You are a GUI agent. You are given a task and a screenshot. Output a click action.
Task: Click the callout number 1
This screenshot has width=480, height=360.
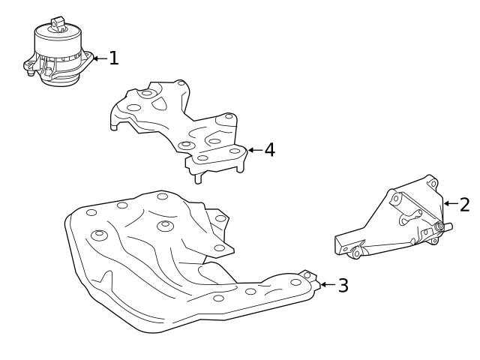click(114, 58)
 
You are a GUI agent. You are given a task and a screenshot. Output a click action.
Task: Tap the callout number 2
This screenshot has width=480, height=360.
click(465, 205)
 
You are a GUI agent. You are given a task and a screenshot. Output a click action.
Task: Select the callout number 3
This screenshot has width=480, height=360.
click(343, 285)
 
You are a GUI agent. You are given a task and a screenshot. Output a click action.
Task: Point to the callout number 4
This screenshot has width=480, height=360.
click(270, 150)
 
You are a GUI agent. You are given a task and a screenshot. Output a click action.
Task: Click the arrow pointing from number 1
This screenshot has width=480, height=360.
click(100, 58)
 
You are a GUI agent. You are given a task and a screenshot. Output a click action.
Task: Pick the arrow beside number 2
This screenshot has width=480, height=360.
click(451, 203)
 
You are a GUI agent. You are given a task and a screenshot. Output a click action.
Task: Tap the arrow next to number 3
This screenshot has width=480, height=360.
click(328, 285)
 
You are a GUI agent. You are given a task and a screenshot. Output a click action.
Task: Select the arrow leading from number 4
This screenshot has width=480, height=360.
click(255, 150)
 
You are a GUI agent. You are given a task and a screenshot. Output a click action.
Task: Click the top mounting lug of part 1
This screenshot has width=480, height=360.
click(57, 24)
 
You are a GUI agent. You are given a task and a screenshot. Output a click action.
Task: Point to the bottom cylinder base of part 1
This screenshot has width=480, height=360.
click(60, 80)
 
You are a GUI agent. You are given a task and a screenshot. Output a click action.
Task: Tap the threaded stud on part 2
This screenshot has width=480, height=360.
click(447, 226)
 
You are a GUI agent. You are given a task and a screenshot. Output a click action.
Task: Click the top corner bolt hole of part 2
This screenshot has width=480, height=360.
click(433, 184)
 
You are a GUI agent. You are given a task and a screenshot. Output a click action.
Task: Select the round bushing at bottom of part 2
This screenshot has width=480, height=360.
click(356, 253)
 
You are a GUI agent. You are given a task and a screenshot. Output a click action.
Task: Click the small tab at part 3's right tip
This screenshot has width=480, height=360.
click(309, 275)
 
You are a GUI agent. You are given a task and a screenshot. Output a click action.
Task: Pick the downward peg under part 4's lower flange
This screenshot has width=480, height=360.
click(198, 178)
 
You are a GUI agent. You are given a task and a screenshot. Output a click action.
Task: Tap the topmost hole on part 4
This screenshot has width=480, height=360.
click(181, 83)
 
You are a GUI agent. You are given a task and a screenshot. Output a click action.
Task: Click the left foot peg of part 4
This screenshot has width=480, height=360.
click(113, 127)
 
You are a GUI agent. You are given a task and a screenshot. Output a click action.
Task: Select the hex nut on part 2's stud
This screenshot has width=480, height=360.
click(439, 226)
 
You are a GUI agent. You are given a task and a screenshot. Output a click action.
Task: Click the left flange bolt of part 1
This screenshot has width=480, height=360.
click(30, 73)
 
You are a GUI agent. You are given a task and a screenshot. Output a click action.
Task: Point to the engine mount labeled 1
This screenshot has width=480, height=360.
click(58, 52)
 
